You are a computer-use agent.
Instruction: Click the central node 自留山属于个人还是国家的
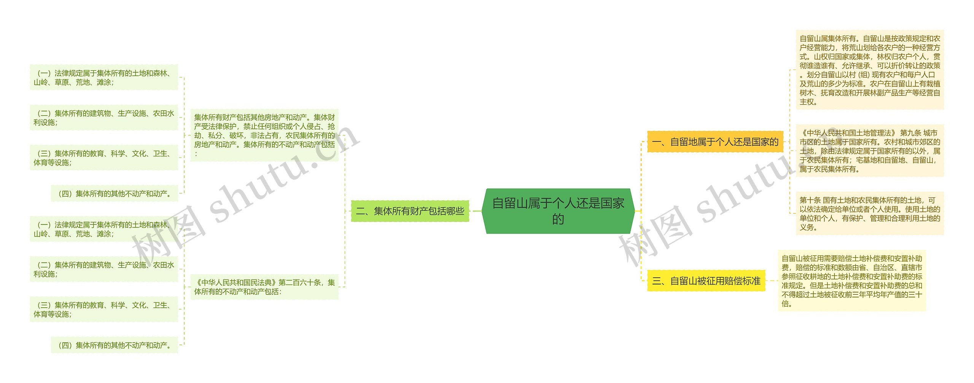click(558, 211)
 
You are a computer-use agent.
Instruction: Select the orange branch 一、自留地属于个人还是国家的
click(715, 142)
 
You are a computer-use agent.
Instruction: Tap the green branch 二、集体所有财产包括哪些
click(410, 211)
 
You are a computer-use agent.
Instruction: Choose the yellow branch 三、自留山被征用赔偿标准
click(706, 281)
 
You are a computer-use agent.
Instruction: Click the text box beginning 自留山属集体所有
click(870, 70)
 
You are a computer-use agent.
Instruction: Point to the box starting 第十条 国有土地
click(870, 213)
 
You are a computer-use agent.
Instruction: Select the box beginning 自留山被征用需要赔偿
click(851, 281)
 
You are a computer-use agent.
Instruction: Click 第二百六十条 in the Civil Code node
click(299, 283)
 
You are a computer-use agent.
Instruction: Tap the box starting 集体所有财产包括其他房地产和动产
click(264, 135)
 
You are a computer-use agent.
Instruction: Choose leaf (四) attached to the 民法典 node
click(114, 345)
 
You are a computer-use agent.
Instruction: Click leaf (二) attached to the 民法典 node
click(103, 269)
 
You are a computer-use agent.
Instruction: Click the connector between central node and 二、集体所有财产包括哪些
click(476, 211)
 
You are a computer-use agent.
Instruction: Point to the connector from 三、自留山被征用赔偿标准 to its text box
click(772, 281)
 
